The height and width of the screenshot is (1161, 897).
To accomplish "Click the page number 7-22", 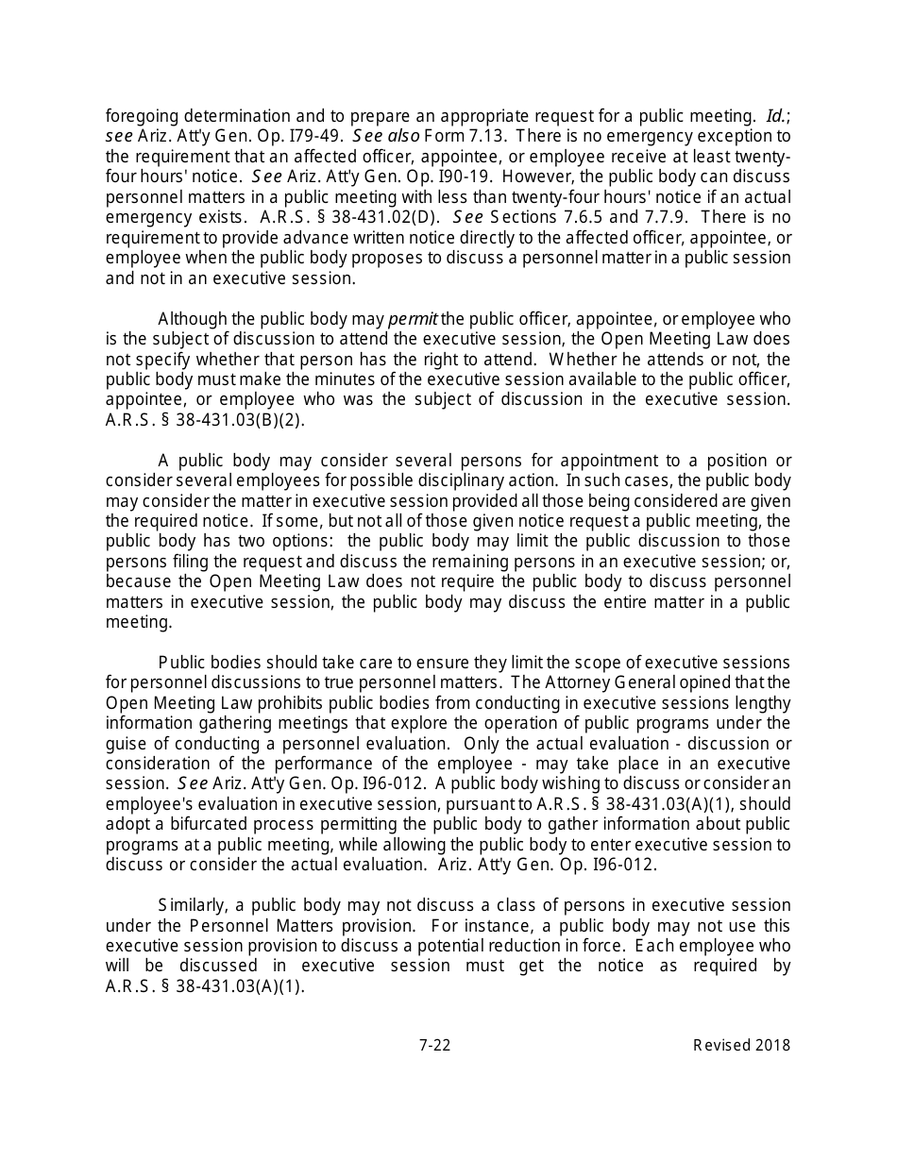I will (x=434, y=1045).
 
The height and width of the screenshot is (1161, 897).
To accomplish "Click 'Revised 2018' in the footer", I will (x=741, y=1045).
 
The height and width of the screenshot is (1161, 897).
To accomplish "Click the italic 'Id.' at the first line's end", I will (x=776, y=116).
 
